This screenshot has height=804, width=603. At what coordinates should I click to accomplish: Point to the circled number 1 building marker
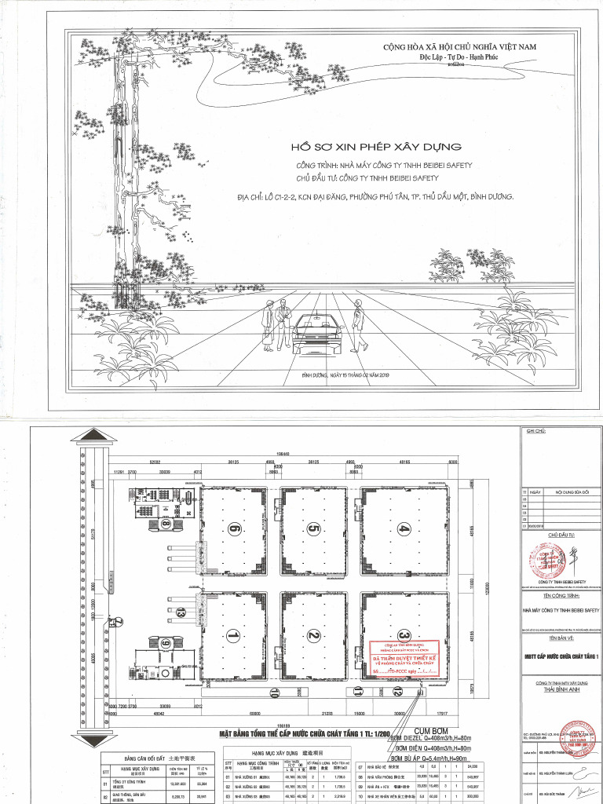232,634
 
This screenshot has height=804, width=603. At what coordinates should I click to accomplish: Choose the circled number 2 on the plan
313,634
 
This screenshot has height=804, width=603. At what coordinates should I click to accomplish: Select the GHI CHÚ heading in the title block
535,431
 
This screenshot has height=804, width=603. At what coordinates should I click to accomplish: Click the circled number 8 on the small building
166,523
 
